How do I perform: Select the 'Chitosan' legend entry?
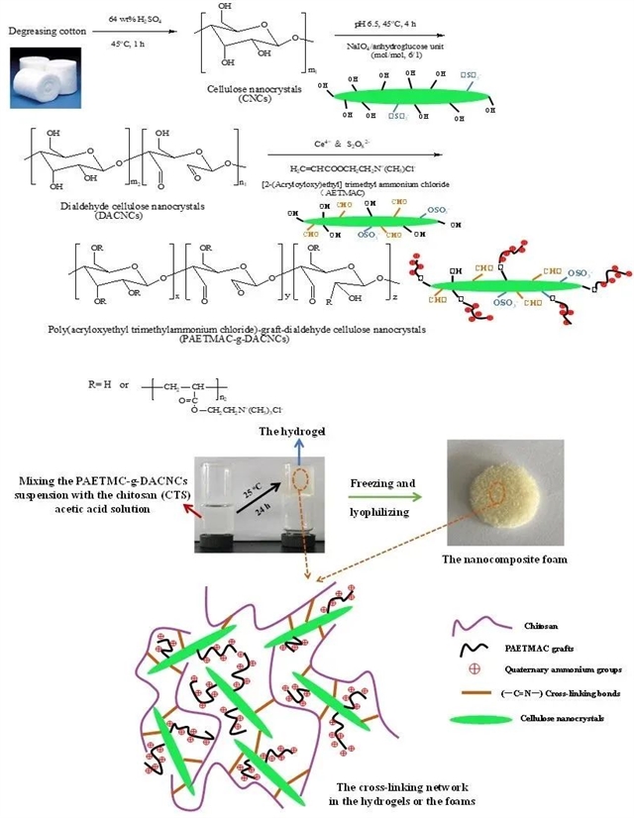tap(535, 625)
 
